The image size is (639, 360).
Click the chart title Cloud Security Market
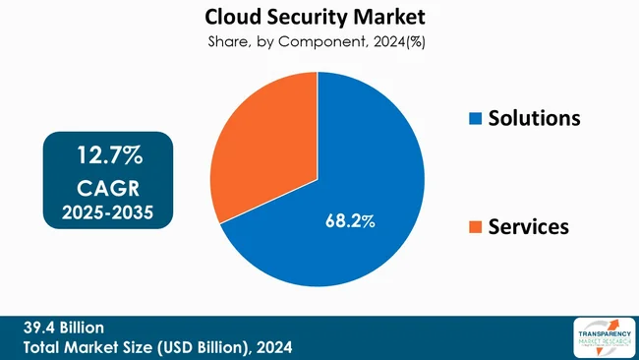pos(317,18)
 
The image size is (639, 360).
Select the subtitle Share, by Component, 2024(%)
pos(317,42)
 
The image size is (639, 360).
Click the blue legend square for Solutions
pos(476,119)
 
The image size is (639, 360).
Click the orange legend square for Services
pos(476,227)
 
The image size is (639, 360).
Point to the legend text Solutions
pos(536,118)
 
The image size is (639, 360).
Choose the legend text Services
pos(530,226)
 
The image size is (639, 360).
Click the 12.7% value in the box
pos(110,154)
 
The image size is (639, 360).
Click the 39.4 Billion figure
pos(61,328)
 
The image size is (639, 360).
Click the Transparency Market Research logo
pos(602,337)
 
